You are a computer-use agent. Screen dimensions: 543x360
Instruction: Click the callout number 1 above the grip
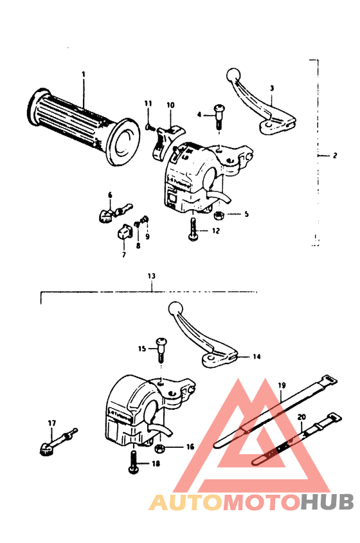pos(83,75)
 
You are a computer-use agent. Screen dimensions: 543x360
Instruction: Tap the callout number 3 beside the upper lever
pos(272,87)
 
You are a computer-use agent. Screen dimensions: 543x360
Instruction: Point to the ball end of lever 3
pos(233,74)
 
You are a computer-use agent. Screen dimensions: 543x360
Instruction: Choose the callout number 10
pos(170,105)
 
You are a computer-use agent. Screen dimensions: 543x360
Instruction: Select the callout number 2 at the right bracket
pos(335,155)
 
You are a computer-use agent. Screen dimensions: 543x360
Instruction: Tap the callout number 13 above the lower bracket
pos(151,276)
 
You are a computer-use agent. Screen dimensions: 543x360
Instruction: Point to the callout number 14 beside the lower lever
pos(257,356)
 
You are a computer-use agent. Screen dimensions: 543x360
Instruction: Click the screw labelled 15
pos(160,347)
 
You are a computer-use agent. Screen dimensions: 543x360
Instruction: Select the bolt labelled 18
pos(134,463)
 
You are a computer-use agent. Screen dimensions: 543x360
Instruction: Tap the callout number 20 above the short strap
pos(301,417)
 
